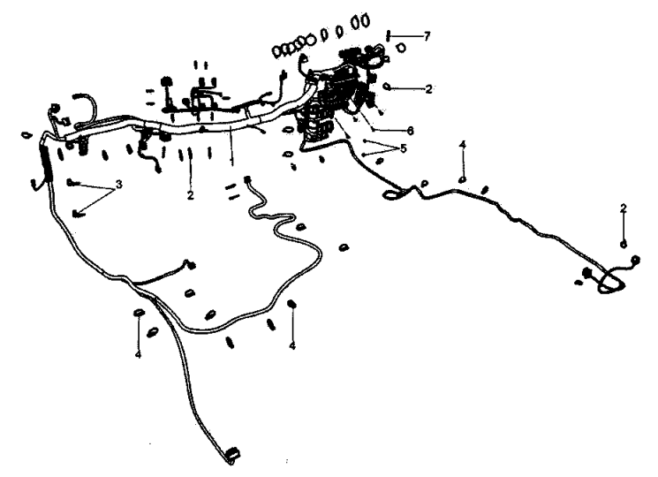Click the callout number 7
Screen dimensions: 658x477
(x=427, y=36)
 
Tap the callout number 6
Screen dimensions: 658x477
(x=411, y=131)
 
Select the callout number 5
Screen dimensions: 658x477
(x=404, y=148)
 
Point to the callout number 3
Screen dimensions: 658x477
(x=119, y=184)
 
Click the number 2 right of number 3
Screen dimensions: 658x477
(x=191, y=195)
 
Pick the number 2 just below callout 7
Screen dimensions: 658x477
(x=428, y=89)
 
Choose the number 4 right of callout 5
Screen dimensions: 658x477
(x=463, y=145)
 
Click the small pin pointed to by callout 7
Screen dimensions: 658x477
(x=389, y=35)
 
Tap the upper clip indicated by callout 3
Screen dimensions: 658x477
(x=72, y=182)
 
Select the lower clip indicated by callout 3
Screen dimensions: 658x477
(x=77, y=214)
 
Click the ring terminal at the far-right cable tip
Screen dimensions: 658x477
(x=635, y=260)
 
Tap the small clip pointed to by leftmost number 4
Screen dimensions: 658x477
(x=138, y=313)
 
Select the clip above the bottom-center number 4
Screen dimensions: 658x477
(x=291, y=303)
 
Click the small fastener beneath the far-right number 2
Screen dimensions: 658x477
(x=624, y=244)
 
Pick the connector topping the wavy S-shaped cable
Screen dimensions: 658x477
(x=247, y=179)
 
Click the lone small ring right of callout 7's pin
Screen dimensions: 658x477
(x=402, y=48)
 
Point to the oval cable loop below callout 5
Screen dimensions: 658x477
(x=391, y=193)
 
